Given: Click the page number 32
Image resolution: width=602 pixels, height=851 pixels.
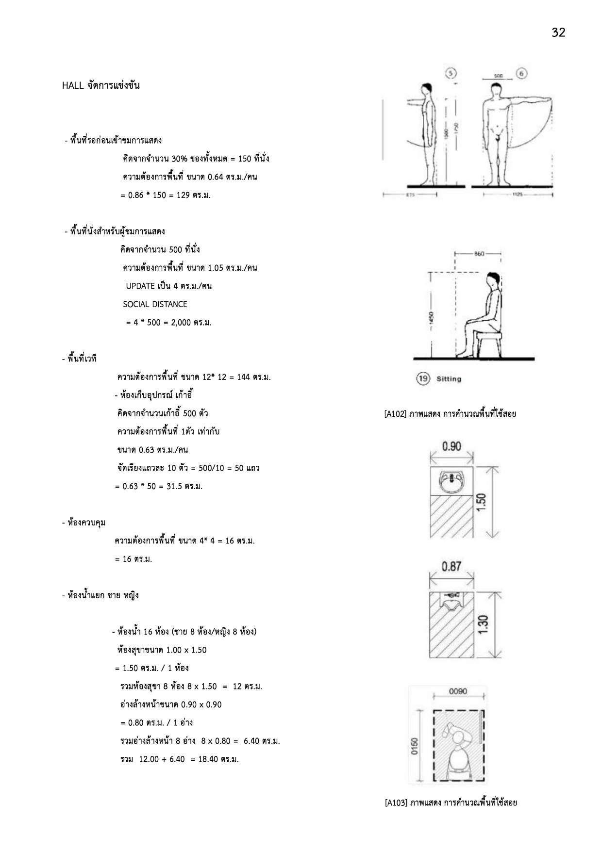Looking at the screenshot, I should (558, 33).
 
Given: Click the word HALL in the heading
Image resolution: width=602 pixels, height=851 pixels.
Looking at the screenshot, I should (73, 86).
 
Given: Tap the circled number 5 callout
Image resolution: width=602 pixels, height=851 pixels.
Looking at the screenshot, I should (451, 73).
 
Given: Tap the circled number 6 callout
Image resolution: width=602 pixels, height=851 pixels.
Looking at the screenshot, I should (522, 73).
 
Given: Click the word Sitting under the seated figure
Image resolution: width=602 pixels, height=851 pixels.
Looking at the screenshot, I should (449, 379).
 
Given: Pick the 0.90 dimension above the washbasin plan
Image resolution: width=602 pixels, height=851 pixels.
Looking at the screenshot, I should (451, 446).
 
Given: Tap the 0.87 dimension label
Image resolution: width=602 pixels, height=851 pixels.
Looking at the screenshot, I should (451, 566).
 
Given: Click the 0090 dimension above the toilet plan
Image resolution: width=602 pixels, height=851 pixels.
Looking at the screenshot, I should (458, 691).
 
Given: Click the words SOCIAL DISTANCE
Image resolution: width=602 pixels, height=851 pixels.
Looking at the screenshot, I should (155, 304).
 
